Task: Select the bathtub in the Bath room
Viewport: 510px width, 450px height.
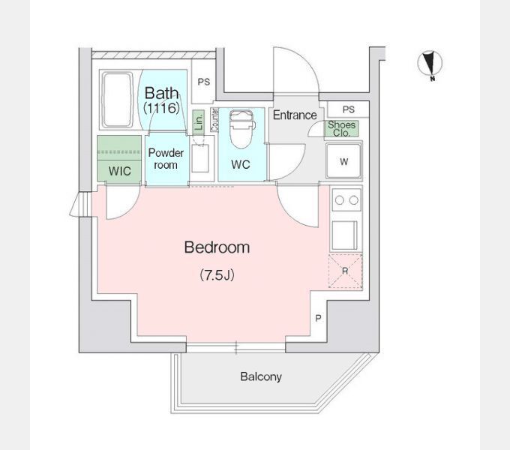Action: [118, 100]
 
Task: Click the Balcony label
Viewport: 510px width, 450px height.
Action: [261, 376]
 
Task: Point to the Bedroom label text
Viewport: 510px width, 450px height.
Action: [217, 247]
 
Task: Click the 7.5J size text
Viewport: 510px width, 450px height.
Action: [217, 275]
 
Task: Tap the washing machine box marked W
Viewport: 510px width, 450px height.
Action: [344, 160]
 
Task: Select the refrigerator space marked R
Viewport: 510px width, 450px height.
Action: [346, 271]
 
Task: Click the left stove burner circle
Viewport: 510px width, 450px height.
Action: [339, 200]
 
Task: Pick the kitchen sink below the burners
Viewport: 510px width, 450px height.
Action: [345, 235]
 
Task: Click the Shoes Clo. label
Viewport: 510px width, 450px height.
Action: [341, 129]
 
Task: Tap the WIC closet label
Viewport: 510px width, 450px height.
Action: [120, 171]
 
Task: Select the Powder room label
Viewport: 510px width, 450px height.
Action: [166, 159]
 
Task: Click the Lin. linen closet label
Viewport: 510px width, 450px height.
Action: [199, 121]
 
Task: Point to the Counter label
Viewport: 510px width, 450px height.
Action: [214, 120]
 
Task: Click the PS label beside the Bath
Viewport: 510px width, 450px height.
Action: [204, 82]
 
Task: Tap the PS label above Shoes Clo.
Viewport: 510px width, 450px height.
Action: [348, 109]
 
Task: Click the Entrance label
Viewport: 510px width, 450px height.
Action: [295, 115]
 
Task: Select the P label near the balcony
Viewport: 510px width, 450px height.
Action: [319, 318]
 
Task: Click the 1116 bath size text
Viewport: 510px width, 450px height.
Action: [162, 107]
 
